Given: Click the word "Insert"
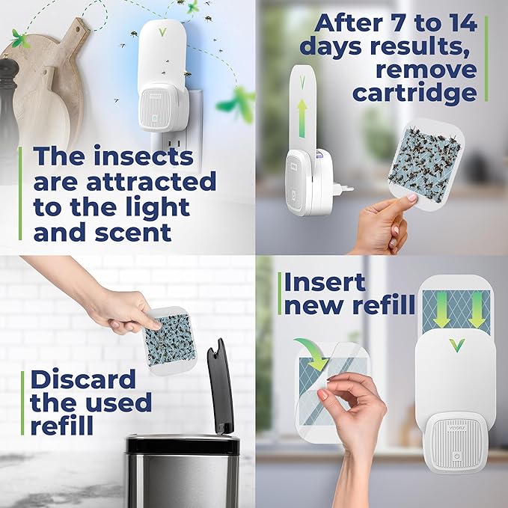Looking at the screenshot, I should (325, 282).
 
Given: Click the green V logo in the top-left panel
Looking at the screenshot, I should (162, 31).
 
